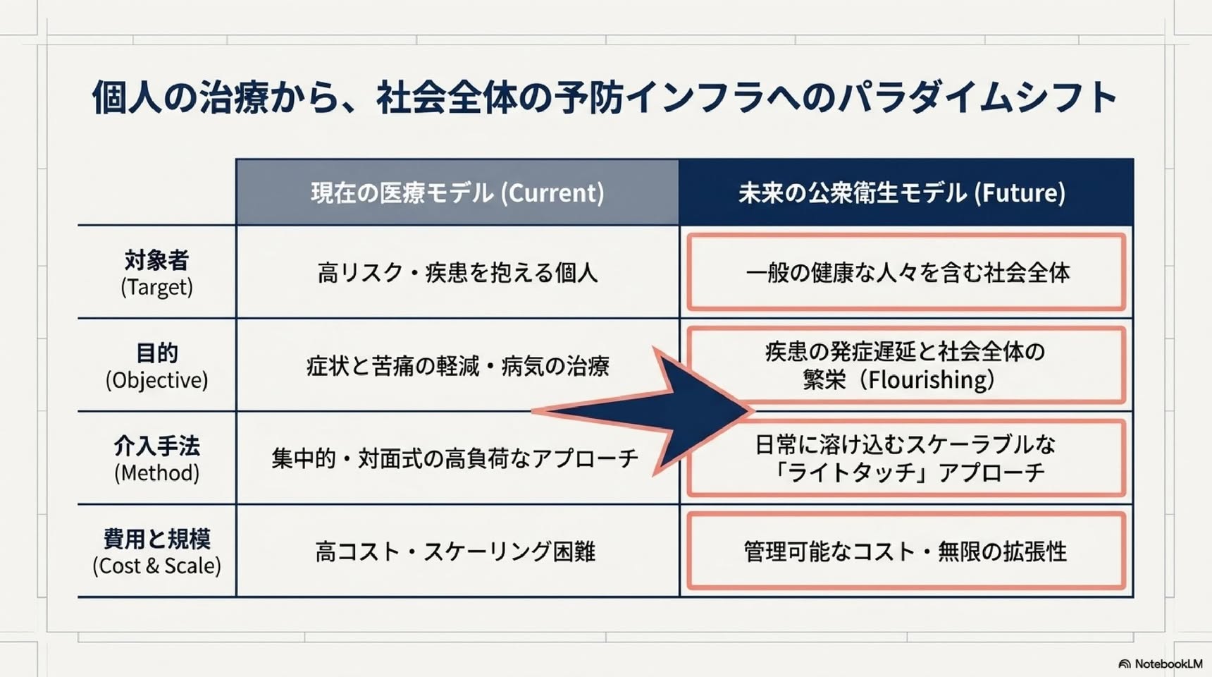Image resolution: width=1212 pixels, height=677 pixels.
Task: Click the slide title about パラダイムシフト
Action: pyautogui.click(x=605, y=97)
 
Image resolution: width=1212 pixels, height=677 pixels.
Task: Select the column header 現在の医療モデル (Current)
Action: pyautogui.click(x=457, y=193)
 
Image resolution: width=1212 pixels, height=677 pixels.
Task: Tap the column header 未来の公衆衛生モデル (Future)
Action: pyautogui.click(x=902, y=193)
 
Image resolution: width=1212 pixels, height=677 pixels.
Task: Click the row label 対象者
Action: pyautogui.click(x=156, y=260)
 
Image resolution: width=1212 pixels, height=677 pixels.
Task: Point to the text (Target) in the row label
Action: pyautogui.click(x=156, y=287)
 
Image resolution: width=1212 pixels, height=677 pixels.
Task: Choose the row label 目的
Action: pyautogui.click(x=156, y=353)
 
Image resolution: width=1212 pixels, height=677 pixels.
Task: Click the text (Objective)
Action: pyautogui.click(x=156, y=380)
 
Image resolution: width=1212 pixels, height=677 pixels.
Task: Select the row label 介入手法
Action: pyautogui.click(x=156, y=446)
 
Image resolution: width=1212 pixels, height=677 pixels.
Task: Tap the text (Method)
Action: pyautogui.click(x=156, y=473)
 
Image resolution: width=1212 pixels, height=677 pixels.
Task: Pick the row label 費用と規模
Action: pyautogui.click(x=156, y=539)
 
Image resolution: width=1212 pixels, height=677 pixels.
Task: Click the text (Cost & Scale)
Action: pyautogui.click(x=156, y=566)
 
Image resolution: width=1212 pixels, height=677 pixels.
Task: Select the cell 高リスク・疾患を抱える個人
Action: pyautogui.click(x=457, y=273)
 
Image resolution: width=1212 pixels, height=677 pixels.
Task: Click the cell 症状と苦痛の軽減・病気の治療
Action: pyautogui.click(x=457, y=366)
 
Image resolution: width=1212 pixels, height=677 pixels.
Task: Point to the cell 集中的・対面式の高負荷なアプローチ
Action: pyautogui.click(x=455, y=459)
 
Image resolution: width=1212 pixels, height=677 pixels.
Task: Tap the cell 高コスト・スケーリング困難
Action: pyautogui.click(x=455, y=551)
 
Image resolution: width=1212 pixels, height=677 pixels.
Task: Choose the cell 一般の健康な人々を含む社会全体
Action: pyautogui.click(x=908, y=273)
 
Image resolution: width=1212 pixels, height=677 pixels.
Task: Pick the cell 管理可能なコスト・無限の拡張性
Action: pyautogui.click(x=905, y=551)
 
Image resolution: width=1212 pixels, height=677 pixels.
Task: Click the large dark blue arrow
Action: pyautogui.click(x=676, y=411)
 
